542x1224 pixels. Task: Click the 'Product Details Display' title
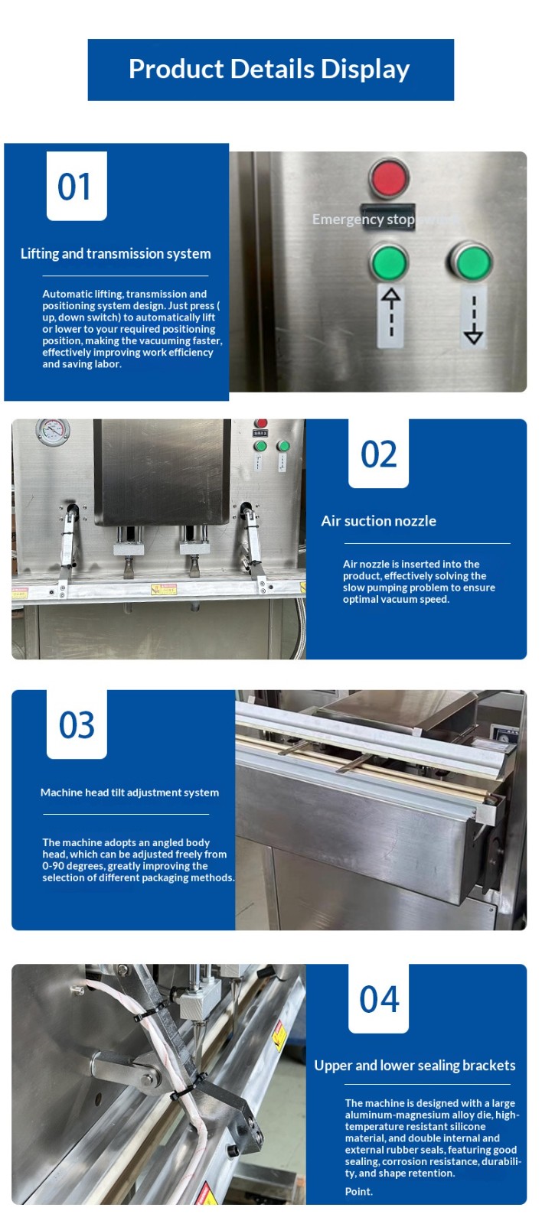(x=269, y=70)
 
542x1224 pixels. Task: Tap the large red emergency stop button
(x=388, y=177)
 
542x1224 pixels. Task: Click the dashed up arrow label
(x=390, y=315)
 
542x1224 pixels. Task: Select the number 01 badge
(x=77, y=187)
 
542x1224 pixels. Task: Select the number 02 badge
(x=378, y=453)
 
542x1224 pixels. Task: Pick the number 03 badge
(x=77, y=724)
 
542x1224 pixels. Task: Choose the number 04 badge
(x=378, y=998)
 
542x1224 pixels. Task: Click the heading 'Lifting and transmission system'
(x=116, y=253)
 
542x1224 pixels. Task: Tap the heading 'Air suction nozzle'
(x=378, y=521)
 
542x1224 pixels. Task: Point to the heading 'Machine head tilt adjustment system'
(x=129, y=793)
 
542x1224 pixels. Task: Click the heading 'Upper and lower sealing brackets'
(x=415, y=1065)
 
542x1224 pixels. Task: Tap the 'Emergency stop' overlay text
(x=363, y=219)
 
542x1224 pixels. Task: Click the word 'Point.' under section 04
(x=359, y=1191)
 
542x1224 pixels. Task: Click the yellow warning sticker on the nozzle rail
(x=164, y=589)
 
